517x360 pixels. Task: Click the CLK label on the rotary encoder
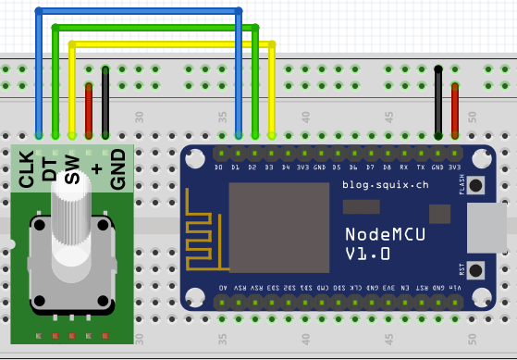[x=27, y=168]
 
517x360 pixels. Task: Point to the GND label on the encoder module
[x=117, y=168]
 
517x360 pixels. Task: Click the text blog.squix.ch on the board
[x=386, y=184]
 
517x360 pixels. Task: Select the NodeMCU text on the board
[x=386, y=233]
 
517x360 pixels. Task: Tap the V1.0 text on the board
[x=367, y=254]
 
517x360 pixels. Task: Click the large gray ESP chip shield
[x=278, y=227]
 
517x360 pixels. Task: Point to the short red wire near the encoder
[x=89, y=109]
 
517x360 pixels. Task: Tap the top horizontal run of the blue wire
[x=139, y=12]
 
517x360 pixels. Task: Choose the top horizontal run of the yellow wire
[x=171, y=43]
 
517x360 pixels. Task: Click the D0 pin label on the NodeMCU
[x=219, y=168]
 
